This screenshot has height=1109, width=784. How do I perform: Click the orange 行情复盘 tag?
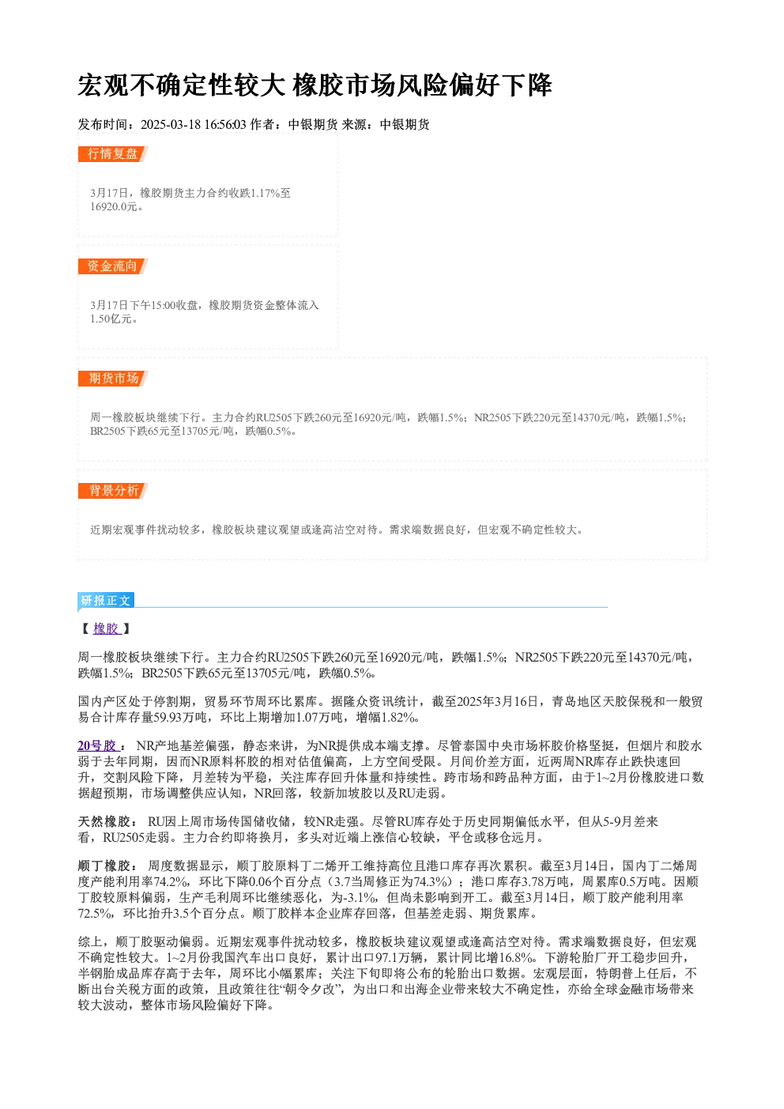112,154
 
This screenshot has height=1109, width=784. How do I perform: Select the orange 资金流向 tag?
112,266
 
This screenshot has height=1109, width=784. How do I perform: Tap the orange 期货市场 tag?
112,379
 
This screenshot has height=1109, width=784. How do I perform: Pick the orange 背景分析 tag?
112,491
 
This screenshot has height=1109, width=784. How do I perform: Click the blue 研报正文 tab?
106,601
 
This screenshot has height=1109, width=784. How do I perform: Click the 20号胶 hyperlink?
98,746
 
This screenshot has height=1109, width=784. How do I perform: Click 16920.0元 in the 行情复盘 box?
113,207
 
